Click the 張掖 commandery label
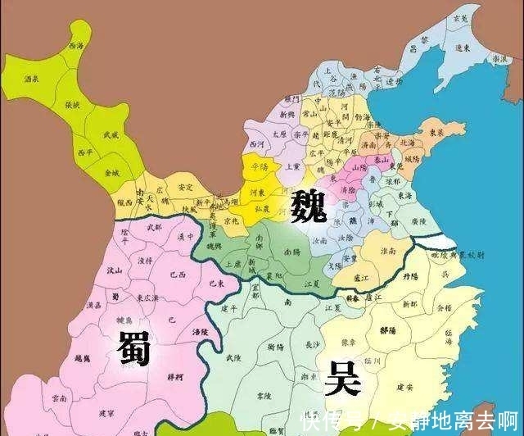[72, 104]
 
